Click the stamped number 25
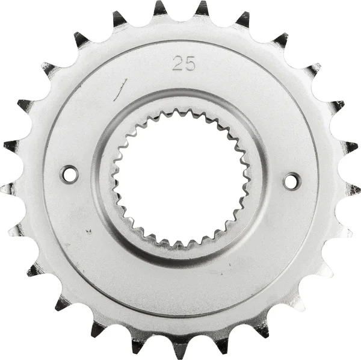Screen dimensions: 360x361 (184, 64)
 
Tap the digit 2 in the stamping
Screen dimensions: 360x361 (178, 64)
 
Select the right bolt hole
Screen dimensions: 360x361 (292, 180)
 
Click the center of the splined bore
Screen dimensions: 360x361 (180, 178)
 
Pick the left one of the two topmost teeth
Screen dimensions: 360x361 (159, 8)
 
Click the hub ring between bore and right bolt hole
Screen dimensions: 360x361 (259, 179)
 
